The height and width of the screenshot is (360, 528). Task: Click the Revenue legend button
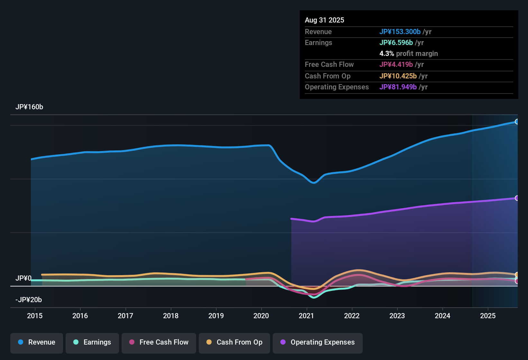[37, 342]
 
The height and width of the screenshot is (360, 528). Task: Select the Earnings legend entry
[92, 342]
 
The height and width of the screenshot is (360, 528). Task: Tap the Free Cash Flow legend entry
[159, 342]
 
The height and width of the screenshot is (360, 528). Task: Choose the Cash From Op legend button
[234, 342]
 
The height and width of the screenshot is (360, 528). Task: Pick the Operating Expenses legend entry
[318, 342]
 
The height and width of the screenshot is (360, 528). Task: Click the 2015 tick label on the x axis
[35, 316]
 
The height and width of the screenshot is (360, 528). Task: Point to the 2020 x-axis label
[261, 316]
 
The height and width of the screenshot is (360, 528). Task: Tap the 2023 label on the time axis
[397, 316]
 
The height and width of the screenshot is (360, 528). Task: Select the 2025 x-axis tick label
[488, 316]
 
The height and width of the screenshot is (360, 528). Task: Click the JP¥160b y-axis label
[29, 107]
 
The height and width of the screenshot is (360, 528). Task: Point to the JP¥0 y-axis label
[23, 278]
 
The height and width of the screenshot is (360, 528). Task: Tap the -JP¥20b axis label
[29, 300]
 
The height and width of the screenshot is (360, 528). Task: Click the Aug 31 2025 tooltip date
[324, 20]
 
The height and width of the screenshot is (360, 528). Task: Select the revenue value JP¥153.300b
[400, 32]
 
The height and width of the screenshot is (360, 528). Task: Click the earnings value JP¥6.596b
[396, 42]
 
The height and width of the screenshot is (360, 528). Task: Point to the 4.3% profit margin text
[408, 53]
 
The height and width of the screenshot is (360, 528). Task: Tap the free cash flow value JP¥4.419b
[396, 64]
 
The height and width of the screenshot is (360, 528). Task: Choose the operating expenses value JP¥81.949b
[398, 87]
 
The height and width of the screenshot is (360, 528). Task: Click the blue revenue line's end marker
[517, 122]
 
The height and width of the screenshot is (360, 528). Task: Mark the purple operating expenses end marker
[517, 198]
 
